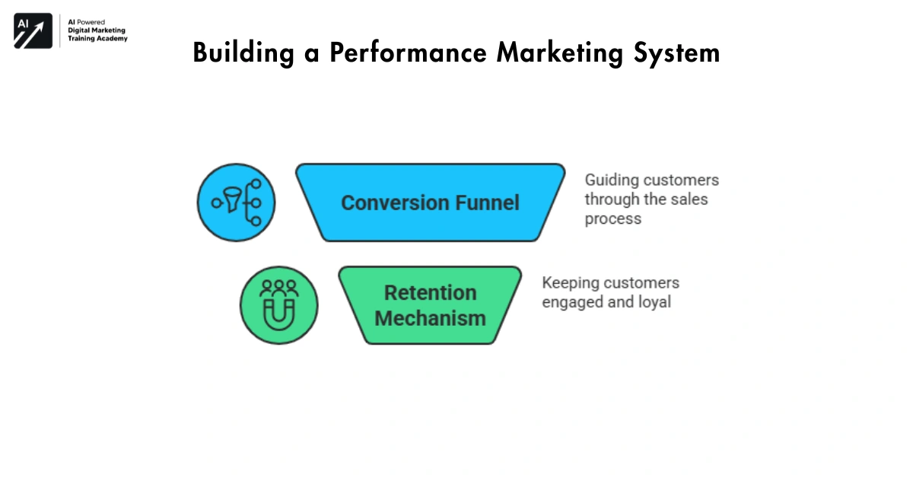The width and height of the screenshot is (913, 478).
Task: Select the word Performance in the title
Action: tap(391, 53)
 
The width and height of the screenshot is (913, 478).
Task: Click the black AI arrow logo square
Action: tap(33, 31)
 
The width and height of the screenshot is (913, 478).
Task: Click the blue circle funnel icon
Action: tap(236, 202)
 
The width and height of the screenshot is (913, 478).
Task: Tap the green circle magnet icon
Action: tap(278, 304)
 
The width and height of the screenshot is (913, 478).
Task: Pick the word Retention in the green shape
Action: tap(430, 293)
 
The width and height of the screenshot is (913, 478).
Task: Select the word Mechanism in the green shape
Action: tap(430, 317)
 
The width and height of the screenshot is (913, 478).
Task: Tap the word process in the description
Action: tap(612, 219)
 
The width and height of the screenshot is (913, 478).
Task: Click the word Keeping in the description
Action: tap(568, 283)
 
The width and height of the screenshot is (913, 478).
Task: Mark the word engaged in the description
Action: tap(571, 302)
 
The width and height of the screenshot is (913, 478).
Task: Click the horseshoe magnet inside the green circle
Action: tap(278, 312)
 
